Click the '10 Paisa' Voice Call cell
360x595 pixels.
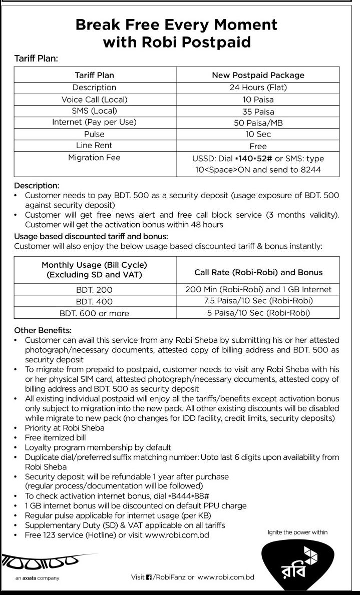point(258,100)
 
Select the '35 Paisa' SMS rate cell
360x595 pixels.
point(258,111)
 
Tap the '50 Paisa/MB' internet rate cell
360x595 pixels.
point(258,123)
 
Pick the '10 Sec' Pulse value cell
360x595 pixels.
point(258,134)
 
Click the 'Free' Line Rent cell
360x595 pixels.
point(258,146)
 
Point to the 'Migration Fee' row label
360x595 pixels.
point(94,158)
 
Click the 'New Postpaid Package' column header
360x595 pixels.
point(258,75)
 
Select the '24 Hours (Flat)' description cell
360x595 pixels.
point(258,88)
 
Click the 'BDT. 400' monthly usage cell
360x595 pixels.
point(94,301)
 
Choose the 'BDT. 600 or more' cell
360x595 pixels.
point(94,313)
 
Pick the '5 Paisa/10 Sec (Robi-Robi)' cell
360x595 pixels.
point(258,313)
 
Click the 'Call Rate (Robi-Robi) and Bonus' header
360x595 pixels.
point(258,272)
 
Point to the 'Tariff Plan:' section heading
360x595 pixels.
point(37,59)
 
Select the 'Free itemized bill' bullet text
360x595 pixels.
point(56,437)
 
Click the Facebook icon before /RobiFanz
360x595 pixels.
point(149,577)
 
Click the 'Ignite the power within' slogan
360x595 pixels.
point(298,532)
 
